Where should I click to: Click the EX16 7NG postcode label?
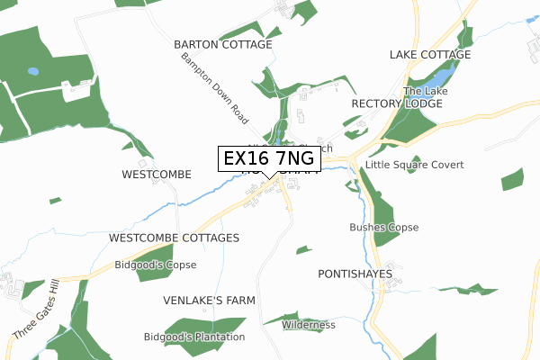[x=268, y=158]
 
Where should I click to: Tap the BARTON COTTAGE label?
[x=222, y=44]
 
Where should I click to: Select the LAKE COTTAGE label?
[x=429, y=55]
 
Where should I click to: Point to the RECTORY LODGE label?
[x=396, y=104]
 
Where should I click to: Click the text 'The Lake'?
[x=425, y=92]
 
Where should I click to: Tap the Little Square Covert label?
[x=414, y=166]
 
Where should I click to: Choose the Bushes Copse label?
[x=383, y=228]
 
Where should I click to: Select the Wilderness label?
[x=308, y=325]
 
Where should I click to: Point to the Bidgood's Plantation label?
[x=193, y=337]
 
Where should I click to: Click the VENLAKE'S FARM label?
[x=210, y=300]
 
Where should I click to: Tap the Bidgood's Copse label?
[x=155, y=265]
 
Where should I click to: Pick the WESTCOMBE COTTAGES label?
[x=173, y=238]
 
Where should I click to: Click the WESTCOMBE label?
[x=157, y=175]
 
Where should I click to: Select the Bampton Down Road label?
[x=213, y=87]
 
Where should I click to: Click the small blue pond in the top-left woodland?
[x=33, y=70]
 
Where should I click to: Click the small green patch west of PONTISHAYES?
[x=304, y=249]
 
